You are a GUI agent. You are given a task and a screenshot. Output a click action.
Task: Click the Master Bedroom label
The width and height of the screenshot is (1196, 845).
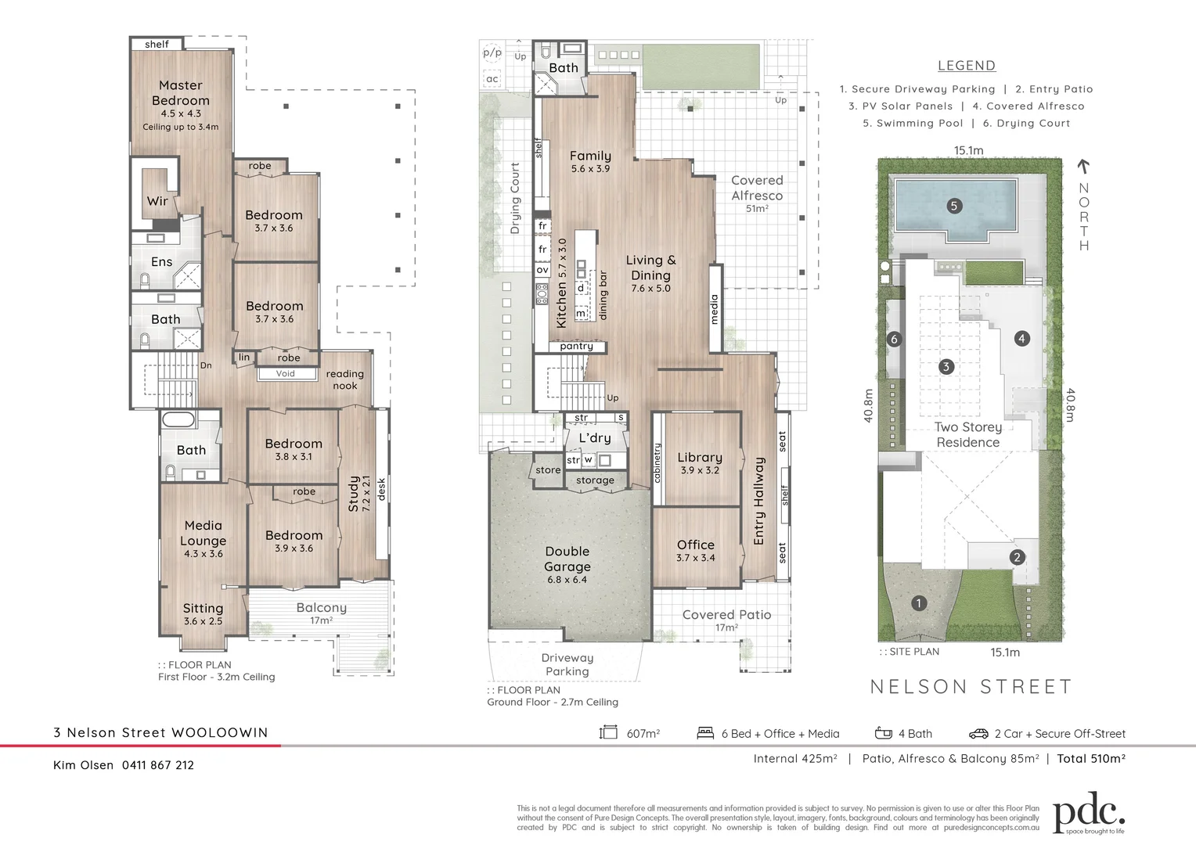tap(181, 93)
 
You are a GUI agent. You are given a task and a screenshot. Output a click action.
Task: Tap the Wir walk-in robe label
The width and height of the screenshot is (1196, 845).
tap(157, 201)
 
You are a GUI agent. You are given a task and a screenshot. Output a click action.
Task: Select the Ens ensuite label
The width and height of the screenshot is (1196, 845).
tap(162, 261)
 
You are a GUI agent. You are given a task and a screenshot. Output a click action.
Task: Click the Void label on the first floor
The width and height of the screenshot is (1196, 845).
tap(285, 374)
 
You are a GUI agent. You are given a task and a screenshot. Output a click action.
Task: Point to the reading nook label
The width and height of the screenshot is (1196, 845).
tap(345, 379)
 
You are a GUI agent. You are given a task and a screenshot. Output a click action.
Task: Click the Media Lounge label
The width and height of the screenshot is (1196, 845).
tap(203, 533)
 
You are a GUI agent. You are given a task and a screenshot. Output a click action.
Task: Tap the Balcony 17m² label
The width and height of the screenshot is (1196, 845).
tap(322, 613)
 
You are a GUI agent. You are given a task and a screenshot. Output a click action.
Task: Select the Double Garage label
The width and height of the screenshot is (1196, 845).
tap(567, 559)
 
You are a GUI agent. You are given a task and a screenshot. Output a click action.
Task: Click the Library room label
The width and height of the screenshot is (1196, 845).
tap(700, 458)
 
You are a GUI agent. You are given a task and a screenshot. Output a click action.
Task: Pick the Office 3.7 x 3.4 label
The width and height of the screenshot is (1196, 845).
tap(696, 550)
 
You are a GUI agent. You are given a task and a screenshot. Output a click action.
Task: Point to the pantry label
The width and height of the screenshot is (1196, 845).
tap(577, 347)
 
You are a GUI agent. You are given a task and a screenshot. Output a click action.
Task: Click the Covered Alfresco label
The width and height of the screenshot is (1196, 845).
tap(757, 188)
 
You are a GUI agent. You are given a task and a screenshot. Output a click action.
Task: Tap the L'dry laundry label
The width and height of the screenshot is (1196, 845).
tap(595, 437)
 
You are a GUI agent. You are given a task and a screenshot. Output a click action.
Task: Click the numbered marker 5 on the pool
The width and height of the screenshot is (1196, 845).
tap(955, 206)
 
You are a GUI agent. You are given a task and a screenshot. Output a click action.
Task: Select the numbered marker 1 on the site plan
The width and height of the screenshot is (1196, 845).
tap(918, 603)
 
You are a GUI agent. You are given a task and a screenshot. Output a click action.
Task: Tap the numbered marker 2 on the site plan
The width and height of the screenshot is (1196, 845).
tap(1017, 557)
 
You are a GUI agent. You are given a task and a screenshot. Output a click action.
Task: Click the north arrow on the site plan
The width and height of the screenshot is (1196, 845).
tap(1083, 167)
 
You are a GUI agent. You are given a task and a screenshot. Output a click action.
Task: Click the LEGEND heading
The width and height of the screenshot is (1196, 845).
tap(967, 66)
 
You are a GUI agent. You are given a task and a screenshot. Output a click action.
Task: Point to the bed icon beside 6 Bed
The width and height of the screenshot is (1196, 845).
tap(705, 733)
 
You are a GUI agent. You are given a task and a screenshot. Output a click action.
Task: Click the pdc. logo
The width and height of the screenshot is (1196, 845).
tap(1090, 812)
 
